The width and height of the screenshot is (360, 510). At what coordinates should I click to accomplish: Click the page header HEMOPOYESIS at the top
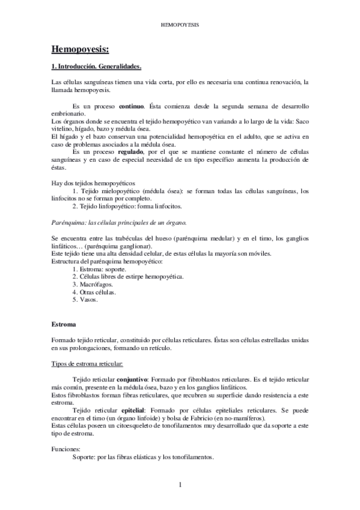pos(181,26)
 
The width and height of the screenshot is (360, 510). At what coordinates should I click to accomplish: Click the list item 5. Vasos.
pos(84,299)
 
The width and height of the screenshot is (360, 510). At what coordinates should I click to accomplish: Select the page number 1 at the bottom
pos(180,485)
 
